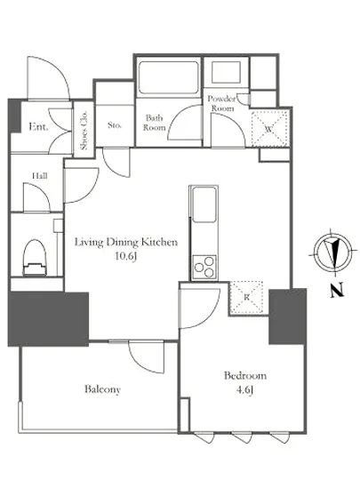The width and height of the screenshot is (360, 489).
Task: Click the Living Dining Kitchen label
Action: click(126, 242)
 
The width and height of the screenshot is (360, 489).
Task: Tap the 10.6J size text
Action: click(126, 256)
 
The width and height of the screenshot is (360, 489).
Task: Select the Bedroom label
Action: click(245, 375)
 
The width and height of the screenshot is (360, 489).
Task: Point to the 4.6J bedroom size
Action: click(245, 390)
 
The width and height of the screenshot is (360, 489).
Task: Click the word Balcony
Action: click(102, 389)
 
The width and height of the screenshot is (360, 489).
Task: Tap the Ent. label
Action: click(38, 127)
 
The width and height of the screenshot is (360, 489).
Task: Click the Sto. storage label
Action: click(115, 125)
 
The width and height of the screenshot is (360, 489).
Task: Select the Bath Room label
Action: click(155, 123)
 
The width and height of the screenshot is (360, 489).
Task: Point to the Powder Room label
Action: click(222, 103)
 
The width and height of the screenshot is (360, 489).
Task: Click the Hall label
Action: click(40, 176)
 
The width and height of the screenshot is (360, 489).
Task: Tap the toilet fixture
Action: click(35, 257)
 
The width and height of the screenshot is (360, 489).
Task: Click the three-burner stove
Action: click(204, 267)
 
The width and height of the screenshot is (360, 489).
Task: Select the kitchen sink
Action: click(204, 204)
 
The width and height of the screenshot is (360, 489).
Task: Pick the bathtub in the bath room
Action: click(169, 77)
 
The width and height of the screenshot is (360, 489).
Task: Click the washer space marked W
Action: click(269, 129)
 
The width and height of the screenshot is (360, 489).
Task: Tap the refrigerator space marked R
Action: click(246, 298)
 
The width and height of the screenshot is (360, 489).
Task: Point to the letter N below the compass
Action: click(337, 290)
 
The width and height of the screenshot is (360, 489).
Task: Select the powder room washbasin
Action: click(226, 72)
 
